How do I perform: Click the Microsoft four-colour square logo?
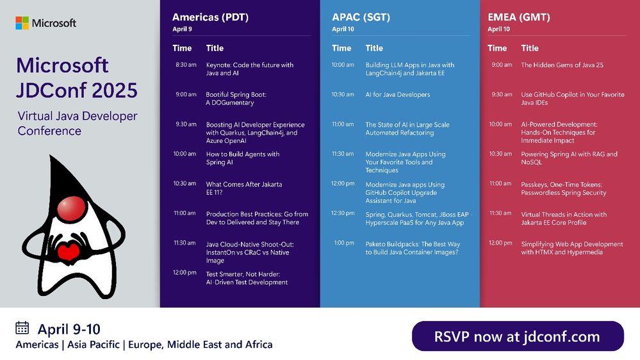click(x=22, y=23)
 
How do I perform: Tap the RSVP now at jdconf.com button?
click(x=518, y=336)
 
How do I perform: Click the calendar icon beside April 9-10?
click(x=22, y=328)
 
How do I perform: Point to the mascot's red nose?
click(x=72, y=208)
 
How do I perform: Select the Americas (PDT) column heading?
click(x=210, y=17)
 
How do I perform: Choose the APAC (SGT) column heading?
click(x=361, y=17)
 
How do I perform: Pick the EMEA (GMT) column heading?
click(x=519, y=17)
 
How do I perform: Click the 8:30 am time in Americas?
click(x=186, y=65)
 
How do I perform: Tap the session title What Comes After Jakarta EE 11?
click(x=243, y=188)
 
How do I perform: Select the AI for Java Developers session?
click(x=398, y=95)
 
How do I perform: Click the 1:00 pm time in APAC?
click(x=344, y=243)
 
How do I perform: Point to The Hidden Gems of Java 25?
click(x=562, y=65)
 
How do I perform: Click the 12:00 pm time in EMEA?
click(x=500, y=243)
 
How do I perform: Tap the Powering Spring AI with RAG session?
click(x=569, y=158)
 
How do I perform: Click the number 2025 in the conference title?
click(x=115, y=90)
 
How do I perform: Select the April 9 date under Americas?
click(x=182, y=29)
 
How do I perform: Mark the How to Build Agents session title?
click(x=242, y=158)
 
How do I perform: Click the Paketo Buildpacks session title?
click(x=413, y=248)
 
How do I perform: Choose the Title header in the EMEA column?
click(x=530, y=48)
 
